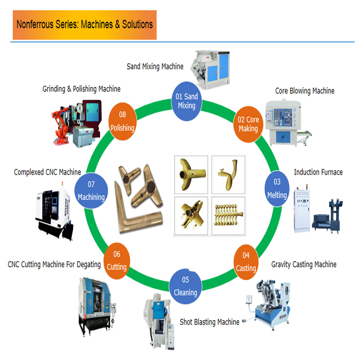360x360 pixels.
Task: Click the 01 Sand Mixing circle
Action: (186, 101)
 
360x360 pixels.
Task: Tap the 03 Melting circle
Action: (277, 189)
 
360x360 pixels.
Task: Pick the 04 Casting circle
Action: (246, 262)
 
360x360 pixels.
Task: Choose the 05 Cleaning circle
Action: (185, 286)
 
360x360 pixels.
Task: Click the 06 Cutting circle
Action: (117, 261)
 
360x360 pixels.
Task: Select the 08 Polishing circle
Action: (122, 121)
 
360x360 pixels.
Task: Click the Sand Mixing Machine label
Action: (155, 67)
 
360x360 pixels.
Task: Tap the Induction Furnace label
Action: (318, 172)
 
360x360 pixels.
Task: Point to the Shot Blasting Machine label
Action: (210, 322)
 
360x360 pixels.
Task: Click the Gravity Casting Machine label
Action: (304, 265)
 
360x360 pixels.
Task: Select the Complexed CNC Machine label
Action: (48, 172)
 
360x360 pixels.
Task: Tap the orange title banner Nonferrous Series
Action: (85, 25)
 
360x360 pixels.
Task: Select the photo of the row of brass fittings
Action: (228, 215)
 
